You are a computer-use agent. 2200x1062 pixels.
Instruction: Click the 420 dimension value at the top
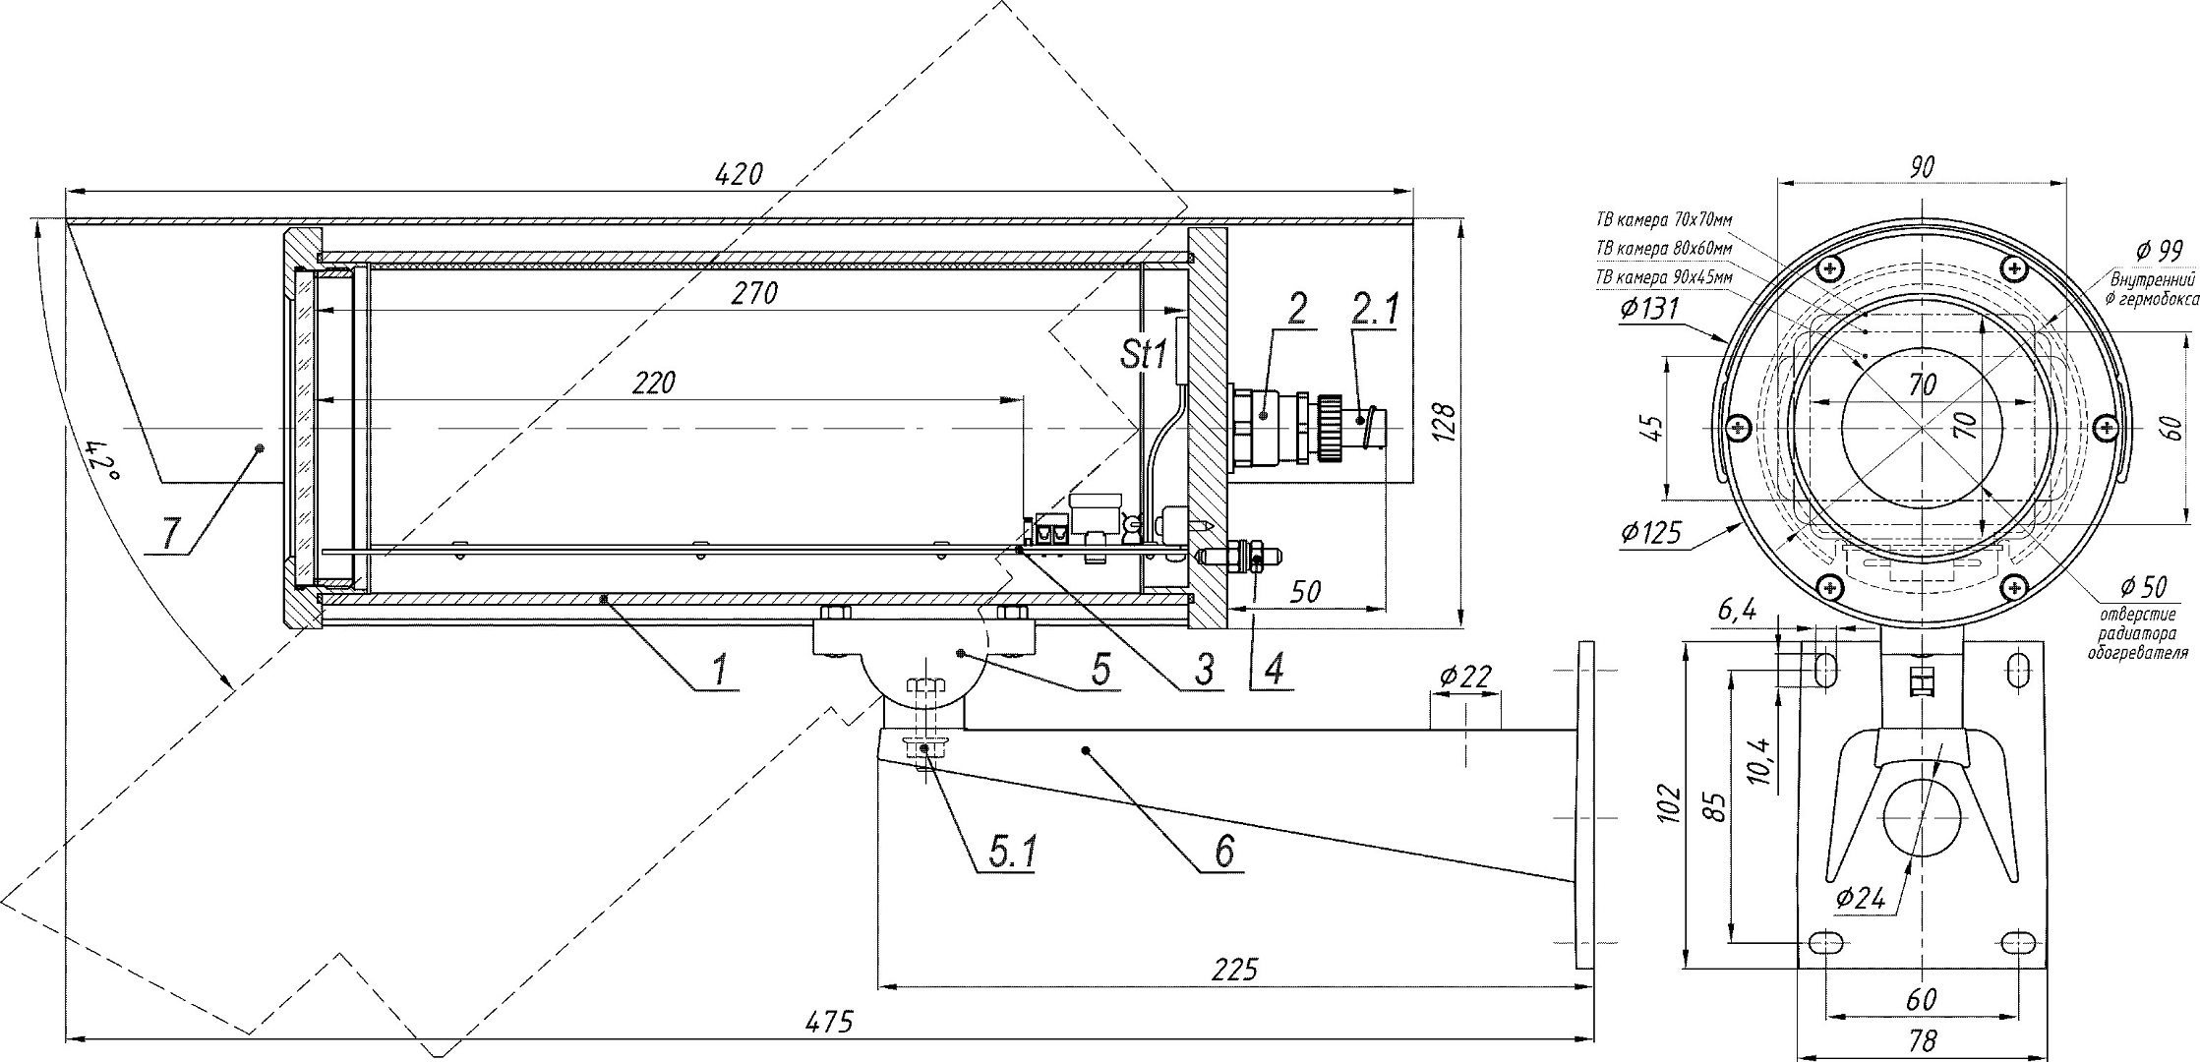[x=740, y=175]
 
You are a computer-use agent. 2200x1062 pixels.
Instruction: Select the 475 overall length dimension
[x=827, y=1022]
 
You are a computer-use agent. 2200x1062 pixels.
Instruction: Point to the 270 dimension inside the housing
[x=754, y=293]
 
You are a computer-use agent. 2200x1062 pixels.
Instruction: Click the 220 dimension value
[x=654, y=383]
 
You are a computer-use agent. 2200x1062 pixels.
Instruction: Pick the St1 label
[x=1143, y=353]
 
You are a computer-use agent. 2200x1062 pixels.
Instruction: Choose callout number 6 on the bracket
[x=1223, y=851]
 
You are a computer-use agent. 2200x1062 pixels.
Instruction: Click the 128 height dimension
[x=1444, y=422]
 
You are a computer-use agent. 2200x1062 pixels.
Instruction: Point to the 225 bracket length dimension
[x=1234, y=971]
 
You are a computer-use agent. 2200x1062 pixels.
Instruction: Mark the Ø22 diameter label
[x=1464, y=677]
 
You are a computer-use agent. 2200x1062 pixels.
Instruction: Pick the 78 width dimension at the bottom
[x=1920, y=1041]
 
